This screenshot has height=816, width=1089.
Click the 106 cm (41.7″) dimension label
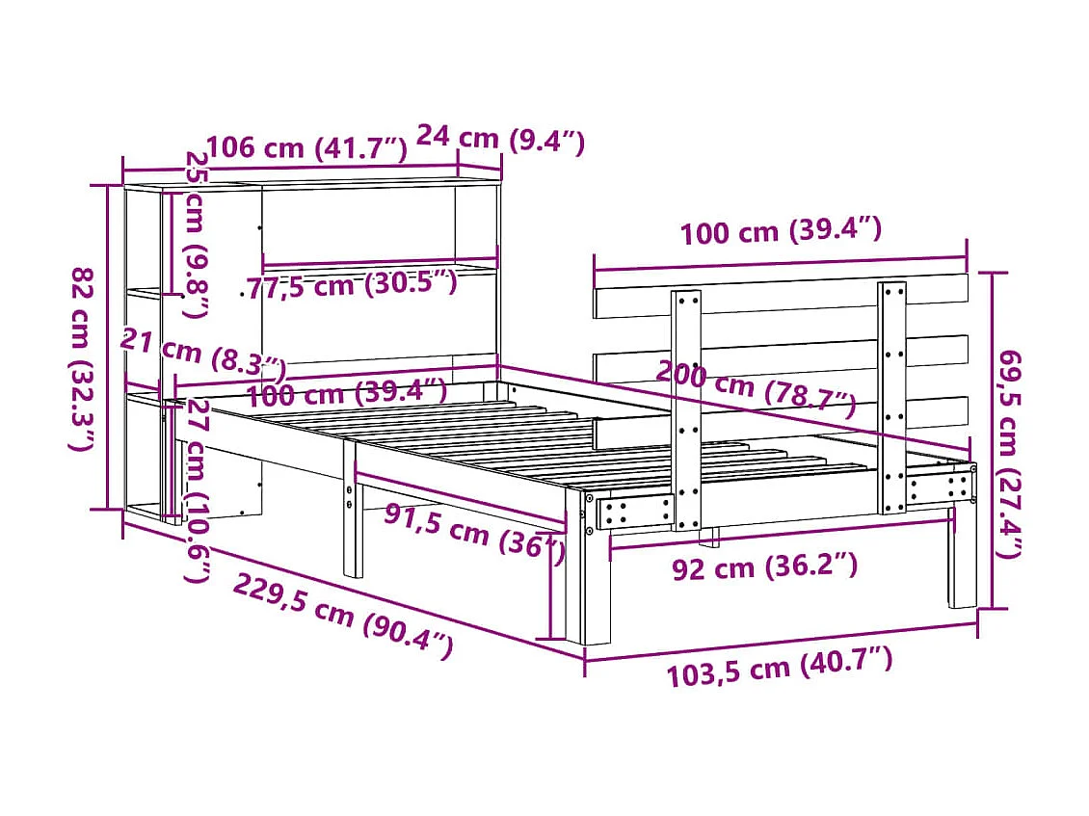(x=307, y=148)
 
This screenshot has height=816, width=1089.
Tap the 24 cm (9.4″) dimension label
(x=500, y=143)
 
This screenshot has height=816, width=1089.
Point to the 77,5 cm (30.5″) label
(x=349, y=285)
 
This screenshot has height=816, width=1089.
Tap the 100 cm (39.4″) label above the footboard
(x=781, y=233)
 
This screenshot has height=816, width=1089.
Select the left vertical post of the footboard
(x=686, y=409)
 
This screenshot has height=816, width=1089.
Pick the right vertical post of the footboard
(x=891, y=395)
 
